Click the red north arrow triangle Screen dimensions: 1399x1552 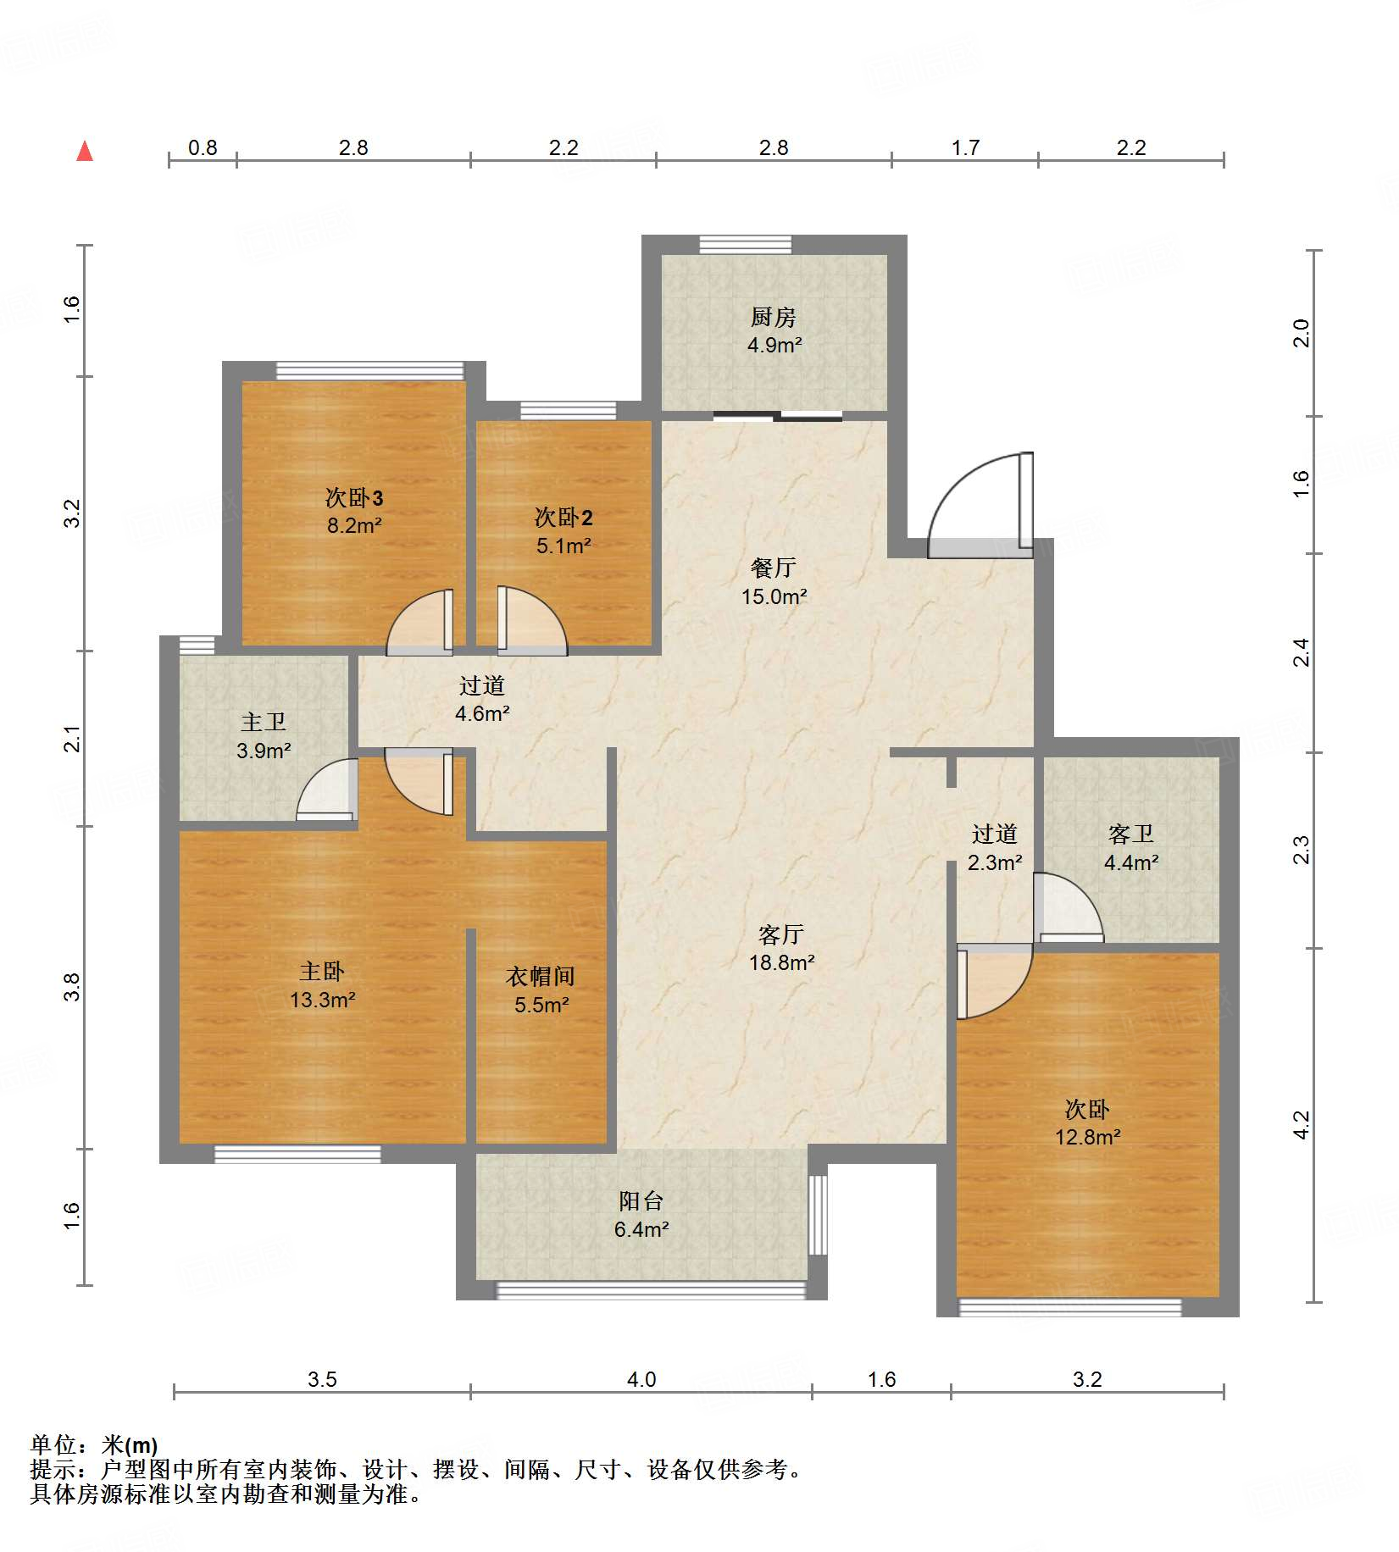tap(85, 151)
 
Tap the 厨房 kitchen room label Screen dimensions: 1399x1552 tap(773, 317)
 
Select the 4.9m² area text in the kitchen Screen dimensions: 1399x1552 tap(774, 345)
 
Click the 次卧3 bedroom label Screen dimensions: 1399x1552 tap(354, 497)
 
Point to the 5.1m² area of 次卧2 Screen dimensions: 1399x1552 tap(563, 546)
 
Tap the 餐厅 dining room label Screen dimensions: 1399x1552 tap(773, 568)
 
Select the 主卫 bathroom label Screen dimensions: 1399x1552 tap(264, 722)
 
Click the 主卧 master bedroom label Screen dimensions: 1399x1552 tap(322, 971)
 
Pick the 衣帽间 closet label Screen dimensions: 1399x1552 tap(541, 976)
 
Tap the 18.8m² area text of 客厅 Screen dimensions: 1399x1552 tap(781, 962)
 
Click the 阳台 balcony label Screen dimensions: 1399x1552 tap(641, 1200)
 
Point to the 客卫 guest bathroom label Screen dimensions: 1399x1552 tap(1131, 834)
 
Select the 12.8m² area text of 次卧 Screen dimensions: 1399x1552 tap(1087, 1137)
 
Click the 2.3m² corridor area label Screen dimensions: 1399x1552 tap(995, 862)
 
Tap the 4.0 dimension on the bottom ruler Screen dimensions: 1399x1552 tap(641, 1379)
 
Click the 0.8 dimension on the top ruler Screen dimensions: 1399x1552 tap(203, 147)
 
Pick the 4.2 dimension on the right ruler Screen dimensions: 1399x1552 tap(1302, 1125)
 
